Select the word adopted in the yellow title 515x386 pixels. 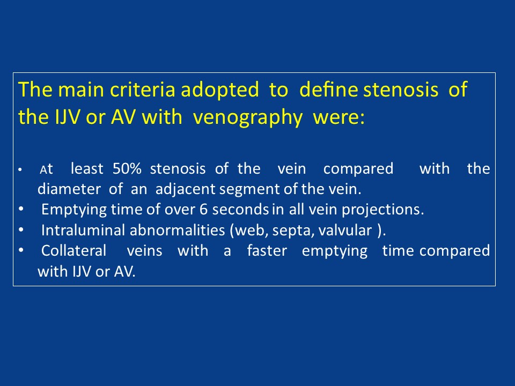(x=220, y=90)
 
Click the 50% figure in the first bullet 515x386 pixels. (x=127, y=169)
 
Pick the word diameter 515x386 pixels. (x=69, y=189)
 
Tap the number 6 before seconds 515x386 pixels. (x=204, y=210)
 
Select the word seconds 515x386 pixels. (x=240, y=210)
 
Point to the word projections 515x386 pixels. (x=382, y=210)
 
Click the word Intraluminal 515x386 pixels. (x=84, y=230)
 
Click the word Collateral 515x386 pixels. (x=74, y=250)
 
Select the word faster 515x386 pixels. (x=267, y=250)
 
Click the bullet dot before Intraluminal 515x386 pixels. (x=21, y=230)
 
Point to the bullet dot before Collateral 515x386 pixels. (x=21, y=250)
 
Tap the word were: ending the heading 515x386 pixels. (x=339, y=117)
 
